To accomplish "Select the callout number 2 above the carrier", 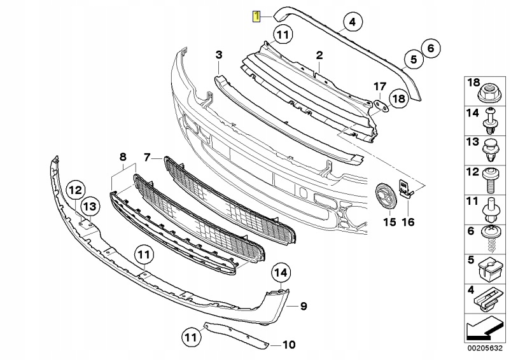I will (320, 56).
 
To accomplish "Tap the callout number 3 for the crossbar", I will (218, 56).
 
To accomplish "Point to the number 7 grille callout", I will (147, 156).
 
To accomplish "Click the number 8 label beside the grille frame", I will (123, 156).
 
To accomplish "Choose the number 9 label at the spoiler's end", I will (304, 307).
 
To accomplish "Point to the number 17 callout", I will (379, 86).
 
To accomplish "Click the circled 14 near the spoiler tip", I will (281, 273).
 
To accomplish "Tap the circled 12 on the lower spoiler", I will (76, 189).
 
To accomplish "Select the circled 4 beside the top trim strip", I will (351, 24).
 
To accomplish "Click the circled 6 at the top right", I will (430, 47).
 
